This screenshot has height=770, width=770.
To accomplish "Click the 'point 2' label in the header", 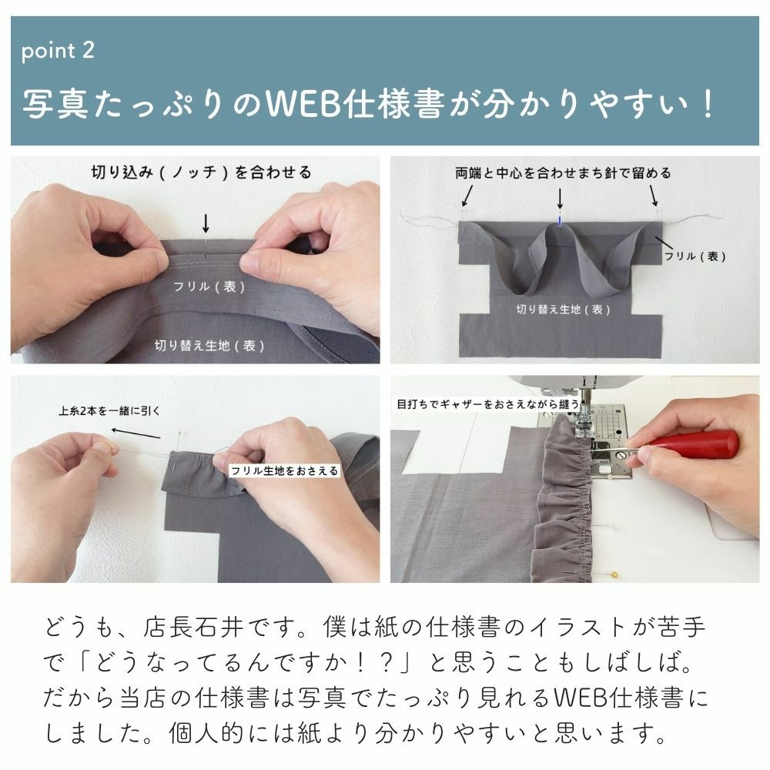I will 58,52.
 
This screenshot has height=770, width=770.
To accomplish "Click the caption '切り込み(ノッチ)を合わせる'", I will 201,172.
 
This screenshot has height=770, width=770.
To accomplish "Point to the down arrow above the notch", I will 206,223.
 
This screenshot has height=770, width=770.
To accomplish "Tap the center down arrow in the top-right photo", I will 560,199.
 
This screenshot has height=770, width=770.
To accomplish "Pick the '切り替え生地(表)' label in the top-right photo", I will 563,309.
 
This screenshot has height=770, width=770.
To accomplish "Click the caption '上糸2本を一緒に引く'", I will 110,410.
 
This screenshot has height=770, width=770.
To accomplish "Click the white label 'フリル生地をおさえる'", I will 284,470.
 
